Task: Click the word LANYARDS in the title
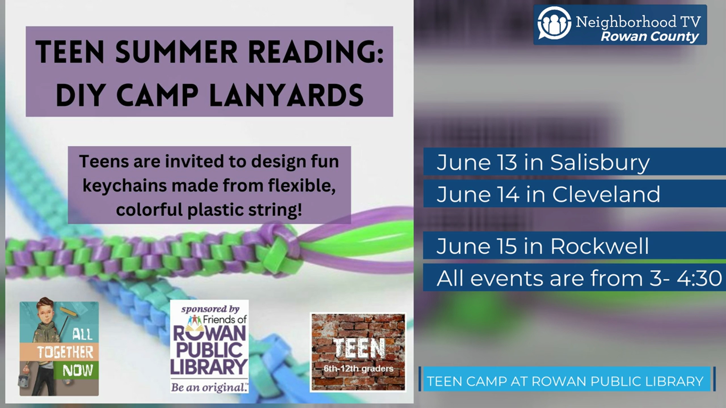(x=286, y=95)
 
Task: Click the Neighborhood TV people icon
(x=554, y=23)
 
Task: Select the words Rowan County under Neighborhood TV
(x=650, y=37)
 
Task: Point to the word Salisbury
(x=600, y=162)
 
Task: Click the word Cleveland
(x=606, y=194)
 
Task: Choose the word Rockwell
(x=599, y=246)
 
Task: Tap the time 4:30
(x=699, y=278)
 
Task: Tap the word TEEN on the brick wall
(x=359, y=348)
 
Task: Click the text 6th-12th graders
(x=358, y=369)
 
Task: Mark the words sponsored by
(x=210, y=309)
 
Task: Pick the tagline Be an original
(x=209, y=387)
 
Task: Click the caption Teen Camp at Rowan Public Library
(x=565, y=381)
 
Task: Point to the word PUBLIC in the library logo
(x=209, y=350)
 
